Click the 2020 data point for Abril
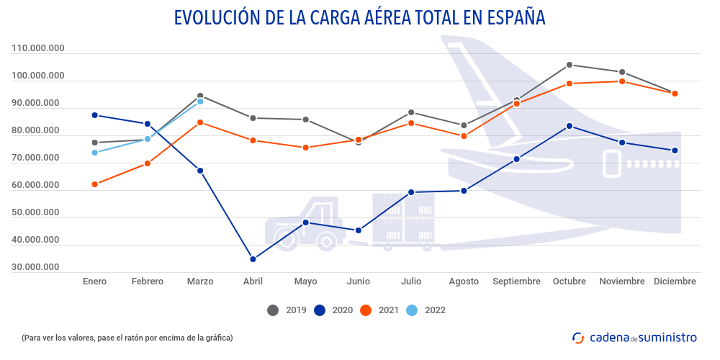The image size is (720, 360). tap(253, 259)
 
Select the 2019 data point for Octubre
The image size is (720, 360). tap(569, 65)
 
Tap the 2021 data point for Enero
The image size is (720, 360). tap(94, 184)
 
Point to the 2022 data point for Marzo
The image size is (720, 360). tap(200, 102)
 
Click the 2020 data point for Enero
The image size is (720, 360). tap(94, 115)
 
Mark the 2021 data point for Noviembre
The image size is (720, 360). tap(622, 81)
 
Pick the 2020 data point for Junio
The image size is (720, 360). tap(359, 230)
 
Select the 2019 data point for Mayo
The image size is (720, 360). tap(305, 120)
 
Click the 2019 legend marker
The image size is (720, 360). tap(273, 310)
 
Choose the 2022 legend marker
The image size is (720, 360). tap(412, 310)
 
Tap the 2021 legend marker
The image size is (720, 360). tap(366, 310)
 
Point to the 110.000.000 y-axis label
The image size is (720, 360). tap(38, 48)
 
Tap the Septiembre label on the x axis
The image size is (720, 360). tap(516, 282)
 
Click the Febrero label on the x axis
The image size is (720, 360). tap(147, 282)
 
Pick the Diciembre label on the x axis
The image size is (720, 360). tap(675, 282)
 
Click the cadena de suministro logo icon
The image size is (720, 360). tap(577, 337)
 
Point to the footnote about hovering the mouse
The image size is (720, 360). tap(127, 337)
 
